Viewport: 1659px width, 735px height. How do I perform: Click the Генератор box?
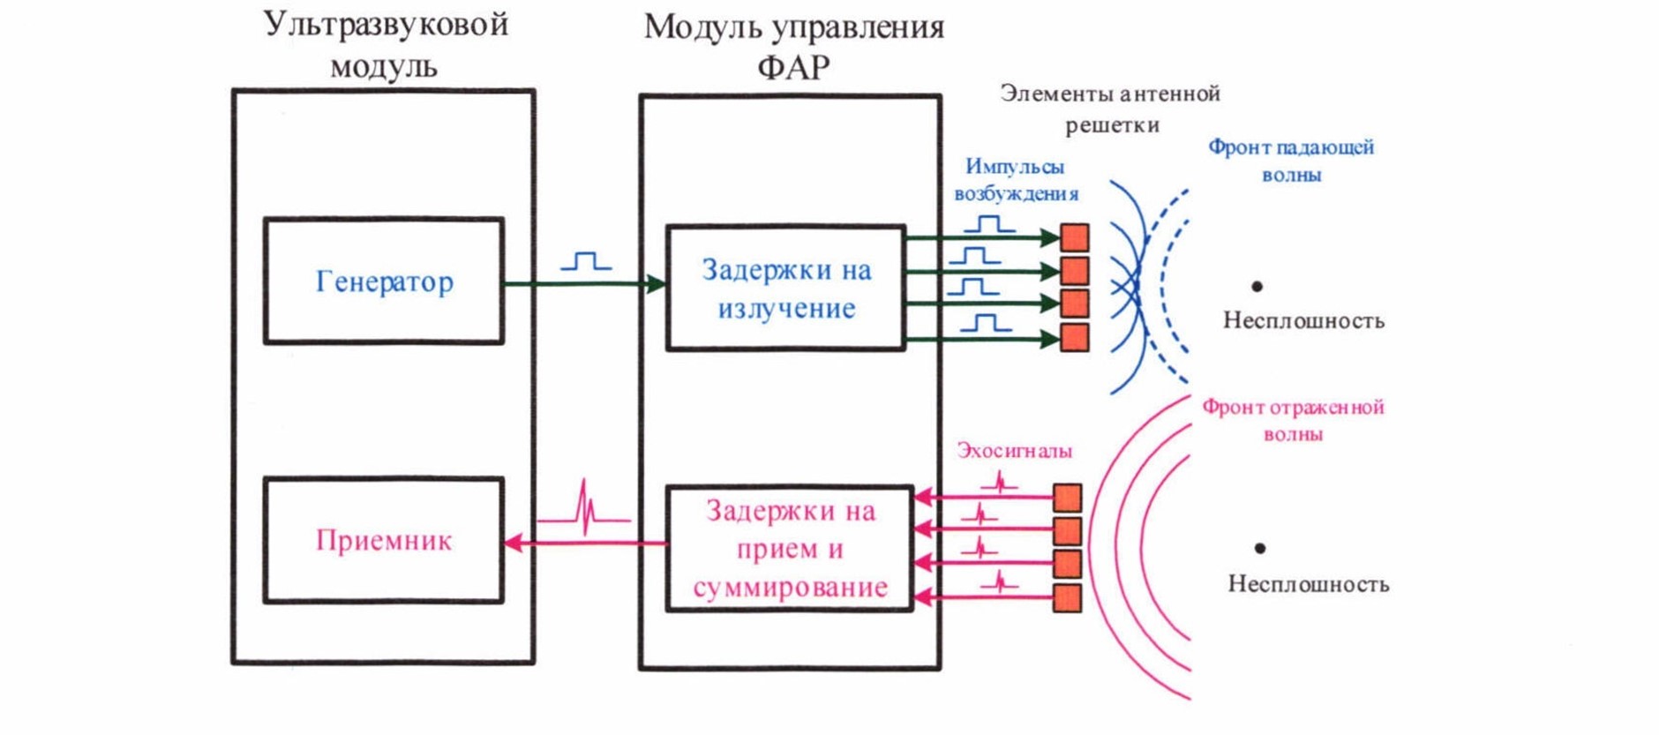click(x=384, y=281)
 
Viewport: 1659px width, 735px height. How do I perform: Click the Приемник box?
click(x=384, y=540)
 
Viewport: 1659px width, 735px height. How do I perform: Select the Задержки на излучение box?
click(x=785, y=288)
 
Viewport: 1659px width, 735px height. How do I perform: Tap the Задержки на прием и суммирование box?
click(x=789, y=548)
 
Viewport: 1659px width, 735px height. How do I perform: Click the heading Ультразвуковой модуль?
click(x=385, y=44)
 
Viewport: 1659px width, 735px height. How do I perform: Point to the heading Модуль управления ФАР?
click(x=793, y=46)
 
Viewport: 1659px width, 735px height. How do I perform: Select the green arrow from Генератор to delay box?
click(x=582, y=284)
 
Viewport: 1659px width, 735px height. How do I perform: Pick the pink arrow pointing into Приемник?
click(x=582, y=544)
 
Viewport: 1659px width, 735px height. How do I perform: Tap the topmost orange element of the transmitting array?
click(x=1074, y=237)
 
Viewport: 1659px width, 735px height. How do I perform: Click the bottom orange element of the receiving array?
click(x=1067, y=598)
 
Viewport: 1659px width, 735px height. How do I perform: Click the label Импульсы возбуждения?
click(x=1015, y=179)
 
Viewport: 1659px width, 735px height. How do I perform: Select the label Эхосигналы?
click(x=1014, y=451)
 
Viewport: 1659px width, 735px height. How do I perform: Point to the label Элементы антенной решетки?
click(x=1110, y=109)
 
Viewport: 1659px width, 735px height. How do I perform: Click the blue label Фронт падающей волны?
click(x=1290, y=161)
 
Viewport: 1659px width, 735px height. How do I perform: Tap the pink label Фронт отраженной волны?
click(x=1293, y=420)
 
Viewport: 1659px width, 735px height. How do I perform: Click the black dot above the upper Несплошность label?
click(x=1257, y=286)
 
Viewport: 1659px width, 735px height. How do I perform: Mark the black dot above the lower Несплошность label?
click(x=1260, y=548)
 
